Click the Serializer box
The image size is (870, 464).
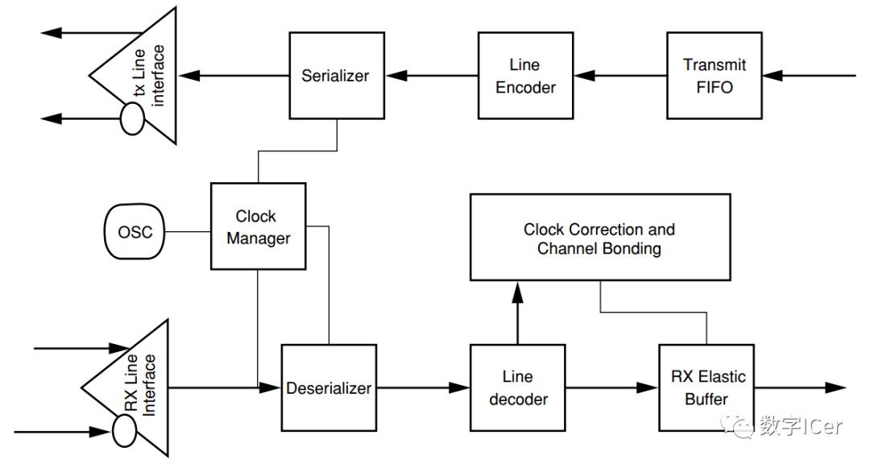coord(337,76)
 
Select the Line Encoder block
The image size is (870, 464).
coord(525,76)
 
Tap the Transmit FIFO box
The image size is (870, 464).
coord(714,76)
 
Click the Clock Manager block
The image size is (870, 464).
coord(258,226)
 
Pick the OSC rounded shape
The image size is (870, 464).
coord(135,231)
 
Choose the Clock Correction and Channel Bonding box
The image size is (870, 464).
coord(600,237)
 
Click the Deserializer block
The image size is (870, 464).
coord(329,388)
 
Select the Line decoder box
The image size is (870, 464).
coord(518,388)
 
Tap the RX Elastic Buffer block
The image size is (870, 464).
coord(706,388)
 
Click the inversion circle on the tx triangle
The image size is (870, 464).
coord(132,118)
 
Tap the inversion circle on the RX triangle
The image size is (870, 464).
coord(124,431)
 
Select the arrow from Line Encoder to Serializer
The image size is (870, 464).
coord(432,76)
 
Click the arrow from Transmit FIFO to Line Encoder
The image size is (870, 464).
coord(620,76)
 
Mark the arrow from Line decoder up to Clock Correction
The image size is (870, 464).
coord(518,313)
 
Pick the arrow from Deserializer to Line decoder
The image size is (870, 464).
coord(424,387)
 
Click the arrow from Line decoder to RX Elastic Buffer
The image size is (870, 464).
coord(612,387)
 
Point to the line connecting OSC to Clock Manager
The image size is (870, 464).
coord(188,231)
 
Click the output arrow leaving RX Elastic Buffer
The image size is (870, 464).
coord(801,387)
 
